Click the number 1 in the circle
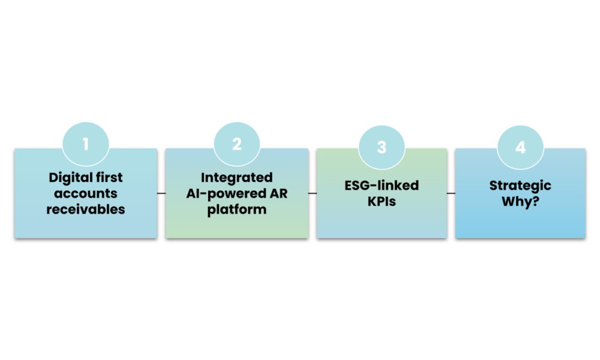click(x=85, y=145)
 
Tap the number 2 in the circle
click(x=237, y=145)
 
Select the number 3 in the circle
click(x=382, y=148)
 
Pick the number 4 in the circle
click(x=520, y=148)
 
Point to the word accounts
click(x=86, y=194)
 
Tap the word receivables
click(x=86, y=209)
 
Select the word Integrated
click(x=237, y=178)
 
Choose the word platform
click(x=237, y=210)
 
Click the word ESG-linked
click(x=382, y=186)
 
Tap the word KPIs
click(x=382, y=202)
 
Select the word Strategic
click(x=520, y=186)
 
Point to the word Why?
click(x=520, y=202)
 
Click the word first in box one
click(x=110, y=178)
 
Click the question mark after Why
click(x=534, y=202)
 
